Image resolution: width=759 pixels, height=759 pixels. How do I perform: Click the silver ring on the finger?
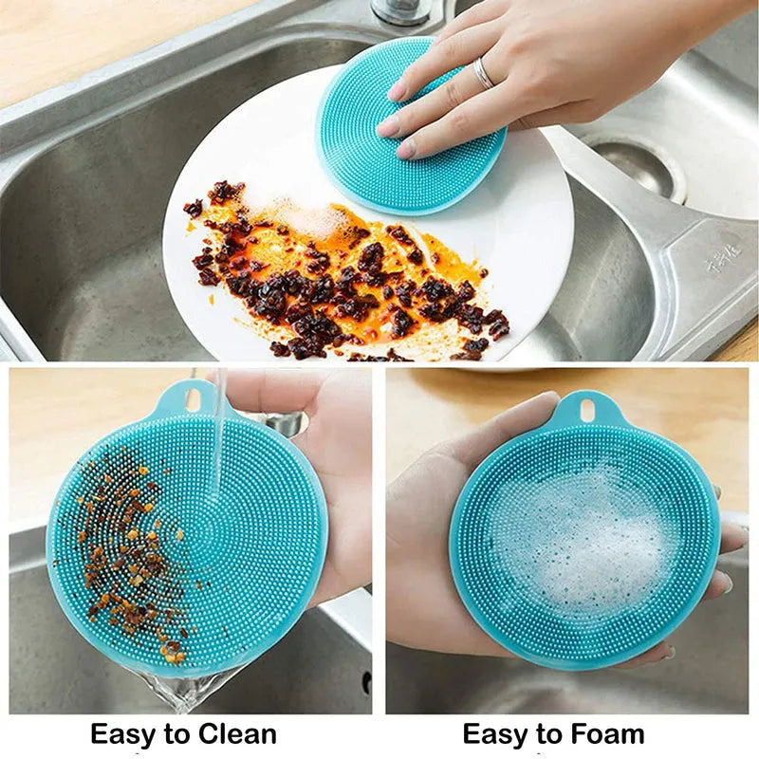pyautogui.click(x=484, y=74)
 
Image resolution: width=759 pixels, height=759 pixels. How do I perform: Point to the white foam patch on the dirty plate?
pyautogui.click(x=302, y=216)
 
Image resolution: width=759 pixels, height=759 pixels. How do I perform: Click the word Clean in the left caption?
pyautogui.click(x=237, y=733)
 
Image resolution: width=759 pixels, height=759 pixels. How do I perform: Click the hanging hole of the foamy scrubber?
pyautogui.click(x=586, y=410)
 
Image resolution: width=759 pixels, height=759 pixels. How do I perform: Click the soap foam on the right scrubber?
pyautogui.click(x=583, y=541)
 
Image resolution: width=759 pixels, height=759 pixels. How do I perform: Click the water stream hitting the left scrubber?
pyautogui.click(x=218, y=446)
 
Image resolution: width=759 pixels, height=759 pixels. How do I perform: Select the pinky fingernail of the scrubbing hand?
pyautogui.click(x=405, y=149)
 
